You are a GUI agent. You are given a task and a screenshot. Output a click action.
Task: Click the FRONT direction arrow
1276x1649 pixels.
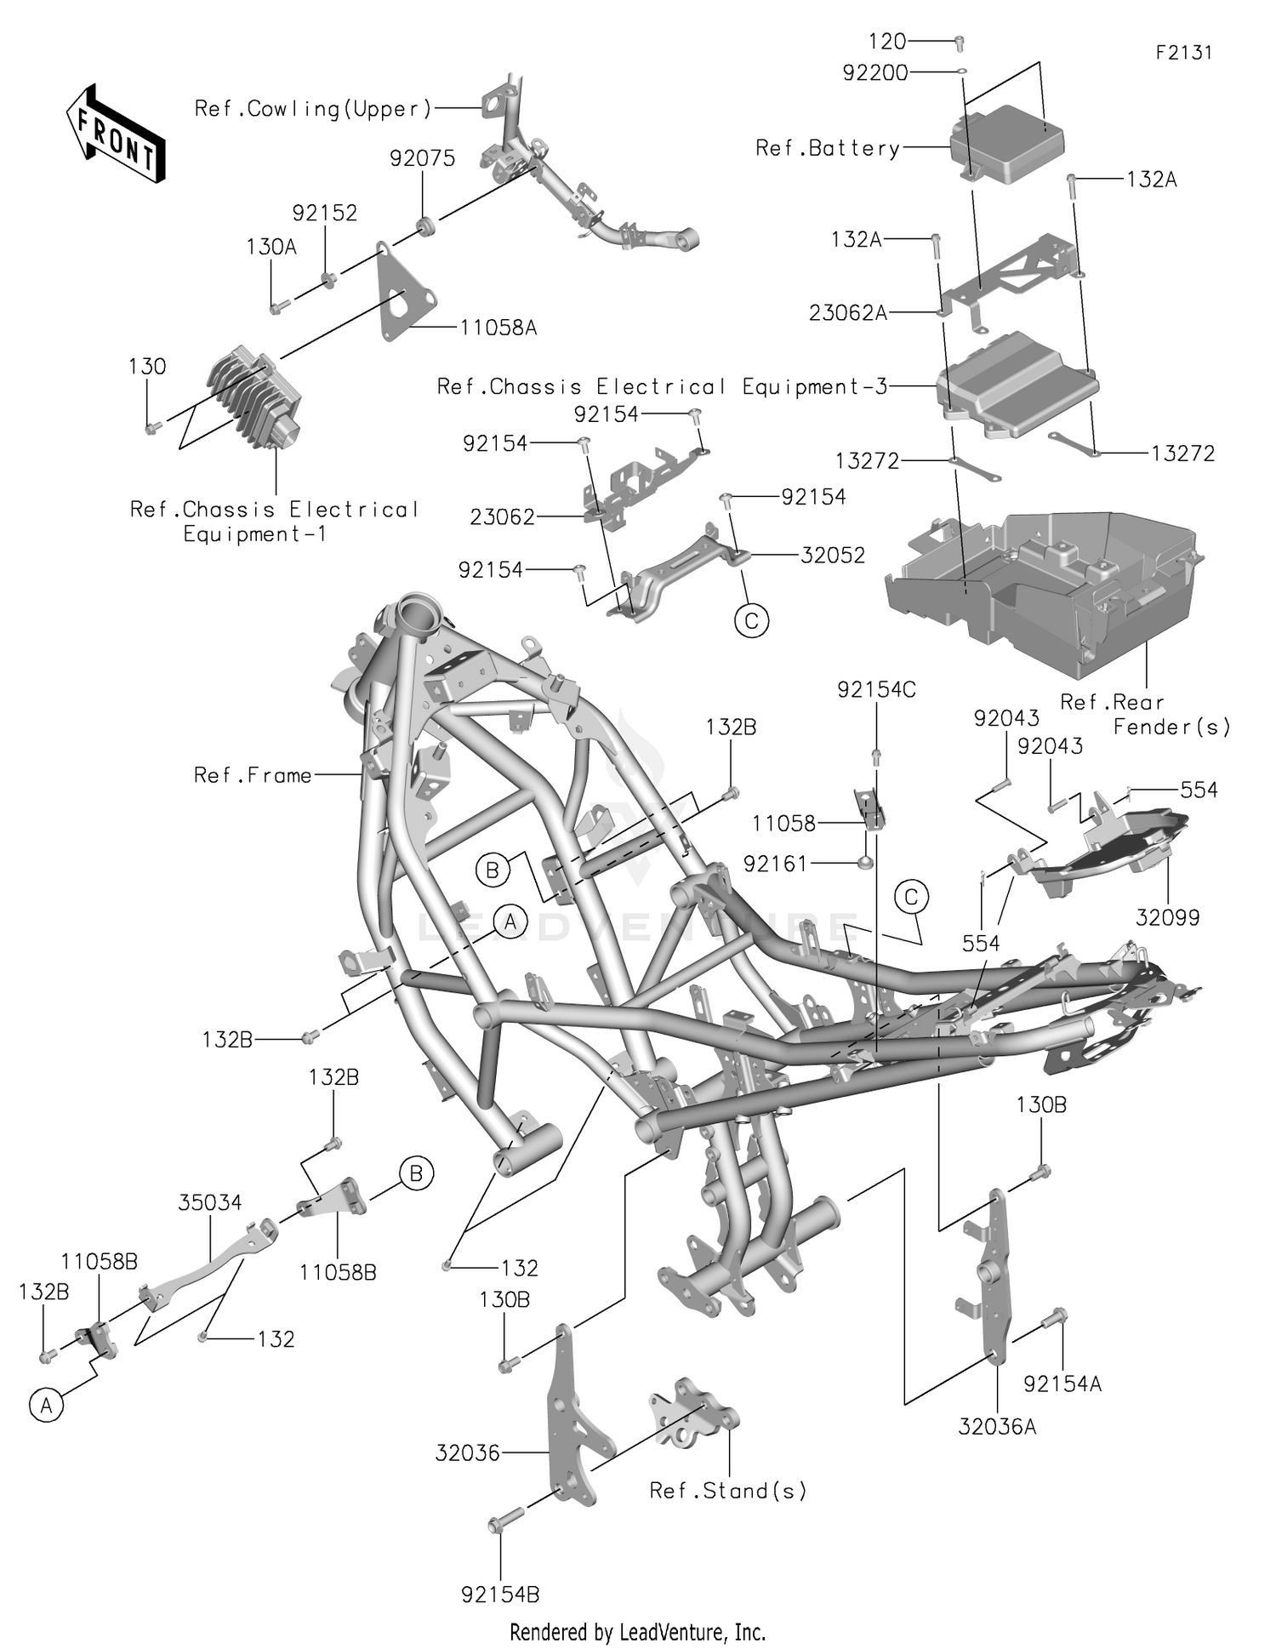coord(116,134)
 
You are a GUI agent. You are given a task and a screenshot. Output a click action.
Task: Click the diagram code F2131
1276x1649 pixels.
coord(1183,53)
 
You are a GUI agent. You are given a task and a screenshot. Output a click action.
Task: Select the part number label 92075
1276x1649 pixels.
coord(422,158)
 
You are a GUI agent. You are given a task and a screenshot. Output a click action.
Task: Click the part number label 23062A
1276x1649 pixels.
coord(847,313)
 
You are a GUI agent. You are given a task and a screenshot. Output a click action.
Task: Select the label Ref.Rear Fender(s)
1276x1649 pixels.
coord(1144,714)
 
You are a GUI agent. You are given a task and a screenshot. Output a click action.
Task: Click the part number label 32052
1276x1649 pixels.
coord(832,556)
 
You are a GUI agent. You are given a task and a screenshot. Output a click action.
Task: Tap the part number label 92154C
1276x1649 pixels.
coord(876,690)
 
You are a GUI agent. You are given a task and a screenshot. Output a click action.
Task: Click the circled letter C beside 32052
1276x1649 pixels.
coord(751,620)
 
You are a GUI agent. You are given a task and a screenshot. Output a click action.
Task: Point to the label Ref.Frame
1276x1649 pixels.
coord(253,775)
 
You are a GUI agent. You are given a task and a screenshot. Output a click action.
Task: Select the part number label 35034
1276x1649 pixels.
coord(210,1202)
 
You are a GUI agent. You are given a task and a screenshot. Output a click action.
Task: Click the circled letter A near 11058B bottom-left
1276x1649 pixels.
coord(46,1406)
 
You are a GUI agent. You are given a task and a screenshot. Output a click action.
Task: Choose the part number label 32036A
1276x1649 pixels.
coord(997,1427)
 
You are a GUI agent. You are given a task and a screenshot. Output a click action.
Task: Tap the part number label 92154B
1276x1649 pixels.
coord(500,1594)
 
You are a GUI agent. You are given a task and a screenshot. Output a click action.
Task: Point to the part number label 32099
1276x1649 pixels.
coord(1167,917)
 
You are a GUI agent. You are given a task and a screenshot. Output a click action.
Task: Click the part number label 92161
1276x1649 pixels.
coord(776,864)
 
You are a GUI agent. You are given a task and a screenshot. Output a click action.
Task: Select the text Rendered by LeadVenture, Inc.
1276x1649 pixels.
coord(637,1632)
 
